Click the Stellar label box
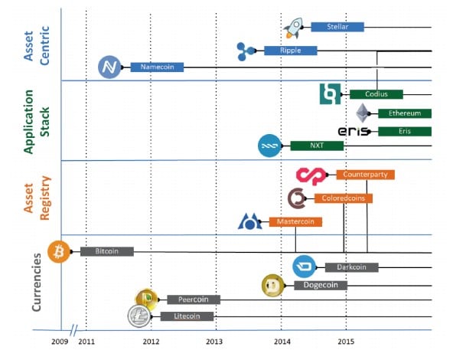click(337, 27)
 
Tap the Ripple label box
click(291, 51)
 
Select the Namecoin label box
click(157, 67)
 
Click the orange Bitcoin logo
click(59, 251)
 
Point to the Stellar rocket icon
click(294, 28)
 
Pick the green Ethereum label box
click(405, 113)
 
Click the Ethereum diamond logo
click(362, 113)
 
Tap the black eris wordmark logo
click(354, 131)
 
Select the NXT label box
click(317, 146)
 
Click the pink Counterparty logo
click(311, 176)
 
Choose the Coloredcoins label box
click(344, 198)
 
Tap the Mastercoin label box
click(295, 222)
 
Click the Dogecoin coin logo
click(272, 286)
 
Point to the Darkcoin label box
click(351, 267)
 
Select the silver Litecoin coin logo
click(139, 316)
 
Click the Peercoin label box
click(194, 299)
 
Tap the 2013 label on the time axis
click(214, 342)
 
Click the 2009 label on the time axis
click(60, 342)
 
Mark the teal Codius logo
click(331, 94)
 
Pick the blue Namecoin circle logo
click(109, 67)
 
